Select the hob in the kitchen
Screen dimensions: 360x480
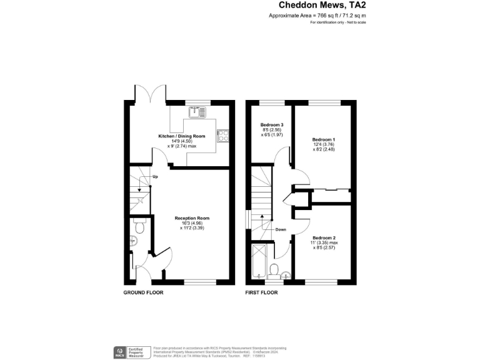click(222, 135)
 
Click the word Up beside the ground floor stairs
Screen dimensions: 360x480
click(154, 177)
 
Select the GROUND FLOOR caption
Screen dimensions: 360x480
click(144, 292)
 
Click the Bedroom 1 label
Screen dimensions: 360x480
click(324, 139)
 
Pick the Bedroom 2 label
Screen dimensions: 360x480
click(324, 238)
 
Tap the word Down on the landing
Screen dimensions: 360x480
click(281, 229)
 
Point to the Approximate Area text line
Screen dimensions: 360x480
click(317, 15)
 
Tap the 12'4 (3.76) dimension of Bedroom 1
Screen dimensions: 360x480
click(324, 144)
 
